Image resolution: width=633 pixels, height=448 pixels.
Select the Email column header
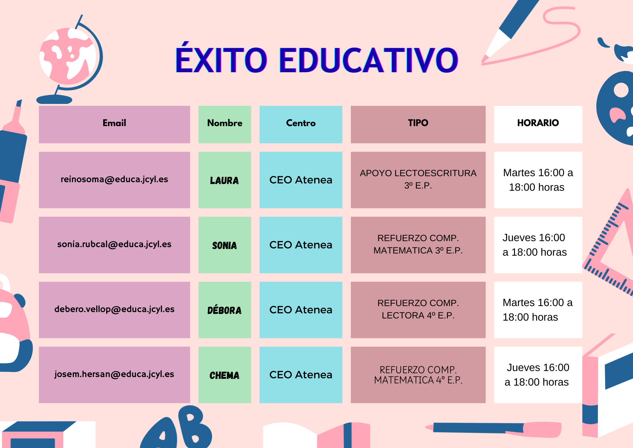coord(114,123)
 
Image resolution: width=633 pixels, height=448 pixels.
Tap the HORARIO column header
coord(538,123)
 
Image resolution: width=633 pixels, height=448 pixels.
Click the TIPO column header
coord(418,123)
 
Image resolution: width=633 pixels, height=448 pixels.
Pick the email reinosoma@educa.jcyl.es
coord(114,179)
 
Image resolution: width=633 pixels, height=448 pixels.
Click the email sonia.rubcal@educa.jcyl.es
coord(114,244)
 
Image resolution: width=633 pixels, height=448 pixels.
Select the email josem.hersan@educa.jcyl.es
coord(114,374)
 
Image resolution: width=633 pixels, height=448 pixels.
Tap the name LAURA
coord(224,181)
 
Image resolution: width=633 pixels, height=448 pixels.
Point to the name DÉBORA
coord(224,310)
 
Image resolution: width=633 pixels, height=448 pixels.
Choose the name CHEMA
coord(224,375)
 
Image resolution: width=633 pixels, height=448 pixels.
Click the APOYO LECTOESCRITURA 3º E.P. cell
coord(418,179)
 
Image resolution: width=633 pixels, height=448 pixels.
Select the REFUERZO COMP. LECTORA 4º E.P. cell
coord(418,309)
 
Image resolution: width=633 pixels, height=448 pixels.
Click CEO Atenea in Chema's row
coord(301,375)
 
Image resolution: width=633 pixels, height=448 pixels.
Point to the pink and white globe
coord(67,56)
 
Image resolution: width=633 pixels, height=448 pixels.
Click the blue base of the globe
coord(54,99)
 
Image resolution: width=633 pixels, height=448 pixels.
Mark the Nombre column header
coord(225,123)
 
